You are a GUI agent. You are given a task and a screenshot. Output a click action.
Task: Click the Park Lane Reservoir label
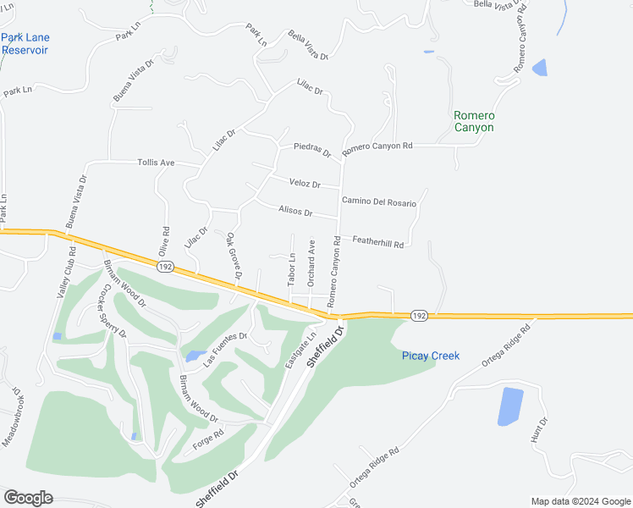coord(25,43)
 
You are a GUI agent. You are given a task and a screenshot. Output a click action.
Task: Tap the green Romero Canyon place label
coord(473,121)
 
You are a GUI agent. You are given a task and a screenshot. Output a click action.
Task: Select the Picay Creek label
coord(430,356)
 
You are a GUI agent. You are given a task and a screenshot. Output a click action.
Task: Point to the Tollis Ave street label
coord(156,163)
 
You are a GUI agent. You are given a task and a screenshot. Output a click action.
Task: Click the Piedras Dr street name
coord(311,149)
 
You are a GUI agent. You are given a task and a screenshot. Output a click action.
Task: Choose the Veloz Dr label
coord(305,184)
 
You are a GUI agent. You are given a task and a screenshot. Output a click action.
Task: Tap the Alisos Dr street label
coord(295,212)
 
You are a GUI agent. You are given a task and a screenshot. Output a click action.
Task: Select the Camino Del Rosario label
coord(379,201)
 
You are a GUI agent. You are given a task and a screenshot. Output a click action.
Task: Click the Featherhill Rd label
coord(378,243)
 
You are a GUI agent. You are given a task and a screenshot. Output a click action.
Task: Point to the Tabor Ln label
coord(291,269)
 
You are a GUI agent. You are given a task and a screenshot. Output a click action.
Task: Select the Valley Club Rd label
coord(66,271)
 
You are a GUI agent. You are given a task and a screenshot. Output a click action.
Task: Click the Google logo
coord(28,498)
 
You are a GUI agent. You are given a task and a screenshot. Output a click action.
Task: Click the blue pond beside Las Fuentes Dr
coord(194,356)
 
